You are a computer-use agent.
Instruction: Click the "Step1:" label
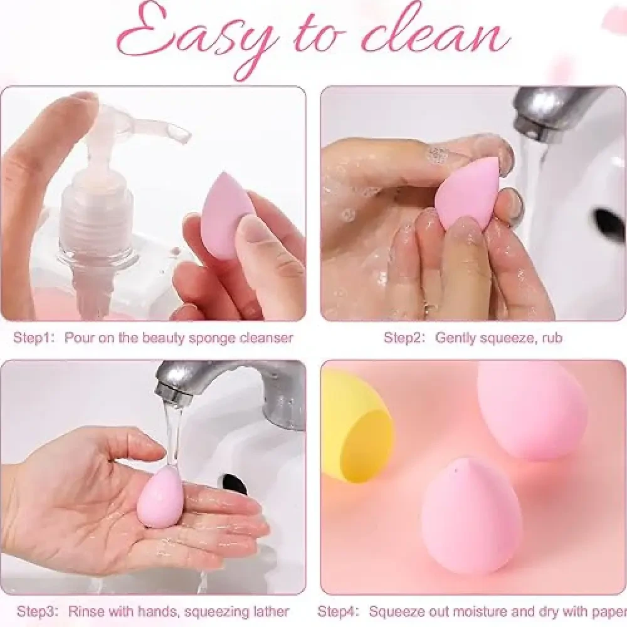34,338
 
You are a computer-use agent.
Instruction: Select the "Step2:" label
404,338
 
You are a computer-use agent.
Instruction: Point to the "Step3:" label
38,611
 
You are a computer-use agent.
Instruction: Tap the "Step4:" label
339,611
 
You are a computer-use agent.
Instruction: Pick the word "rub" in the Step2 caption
552,338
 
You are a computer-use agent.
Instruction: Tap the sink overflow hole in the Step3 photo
234,484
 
